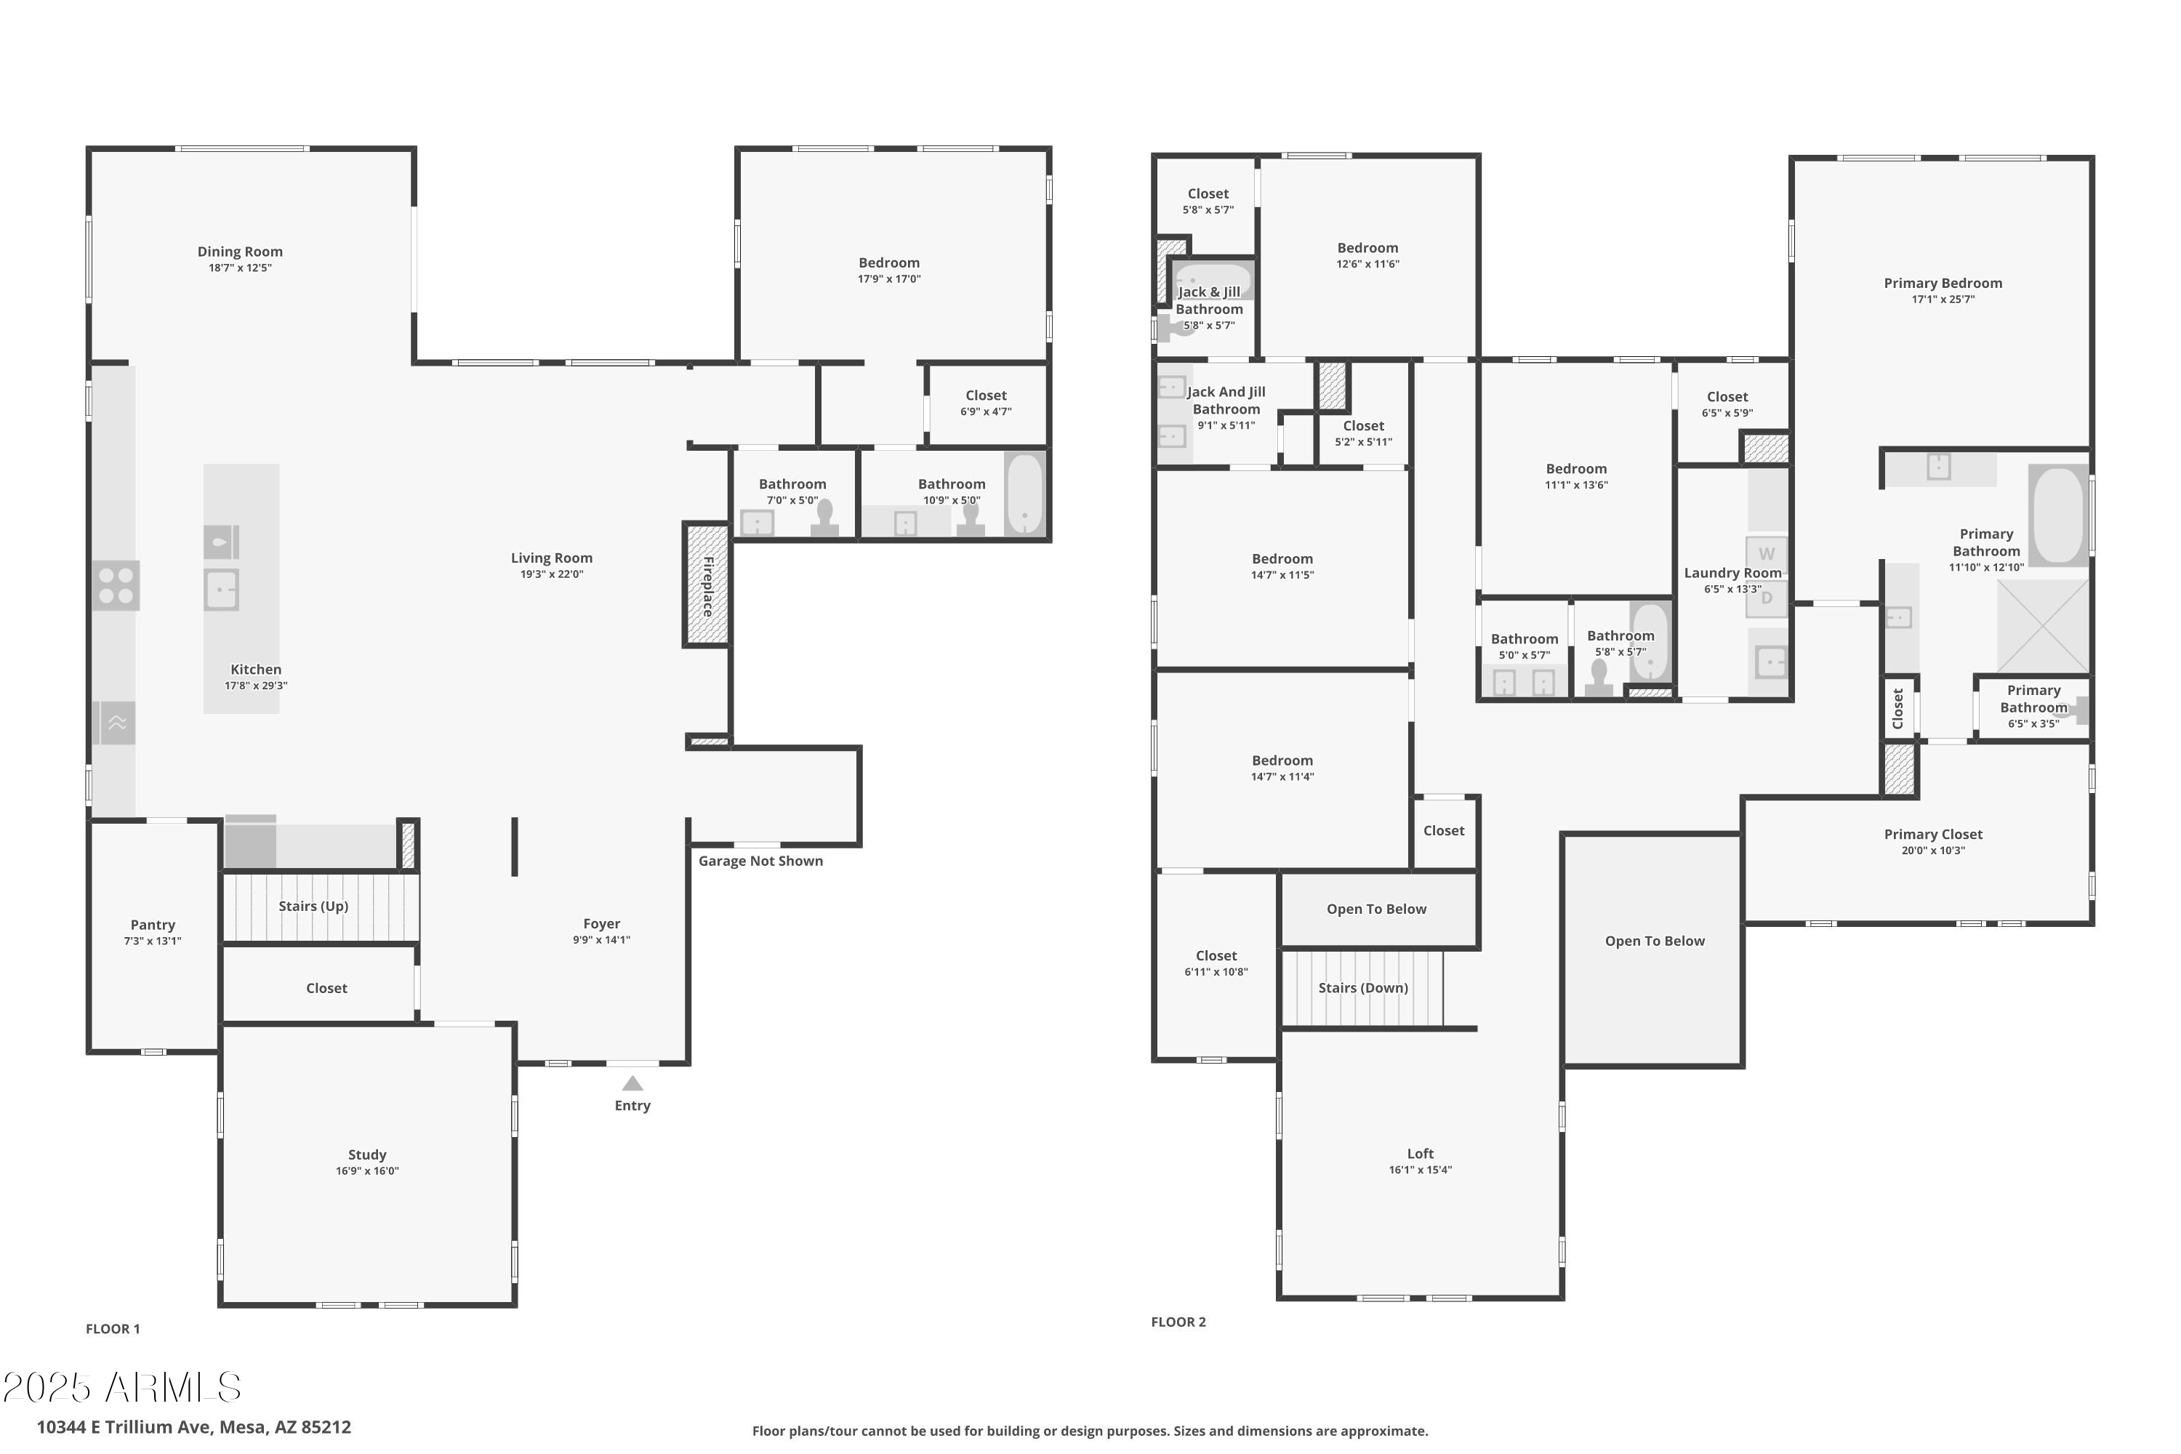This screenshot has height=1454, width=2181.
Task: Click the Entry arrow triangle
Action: pos(632,1083)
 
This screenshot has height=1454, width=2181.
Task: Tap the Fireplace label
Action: pos(708,586)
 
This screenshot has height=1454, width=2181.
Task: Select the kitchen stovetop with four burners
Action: pos(116,585)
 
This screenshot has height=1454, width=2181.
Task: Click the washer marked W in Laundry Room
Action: pos(1767,553)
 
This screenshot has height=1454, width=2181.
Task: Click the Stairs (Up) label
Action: pos(313,906)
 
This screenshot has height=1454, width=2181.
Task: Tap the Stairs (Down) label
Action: pos(1363,987)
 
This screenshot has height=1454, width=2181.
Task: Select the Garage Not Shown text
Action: pos(760,861)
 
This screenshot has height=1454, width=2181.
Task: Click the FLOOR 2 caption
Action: pos(1178,1322)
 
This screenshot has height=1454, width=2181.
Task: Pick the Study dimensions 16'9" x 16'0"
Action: pos(367,1171)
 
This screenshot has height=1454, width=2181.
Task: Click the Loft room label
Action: pos(1421,1154)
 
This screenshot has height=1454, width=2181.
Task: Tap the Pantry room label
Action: pos(153,925)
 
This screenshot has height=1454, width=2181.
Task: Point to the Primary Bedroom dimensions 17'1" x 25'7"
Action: pos(1943,300)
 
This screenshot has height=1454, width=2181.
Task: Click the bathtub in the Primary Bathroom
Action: pos(2059,515)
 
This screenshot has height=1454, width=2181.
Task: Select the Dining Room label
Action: pos(240,252)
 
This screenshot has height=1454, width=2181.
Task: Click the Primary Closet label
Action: pos(1933,835)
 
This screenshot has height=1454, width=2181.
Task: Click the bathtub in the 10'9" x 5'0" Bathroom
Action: pos(1024,494)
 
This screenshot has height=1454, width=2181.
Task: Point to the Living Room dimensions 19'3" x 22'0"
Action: pos(552,574)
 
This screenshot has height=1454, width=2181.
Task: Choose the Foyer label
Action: pos(602,923)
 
